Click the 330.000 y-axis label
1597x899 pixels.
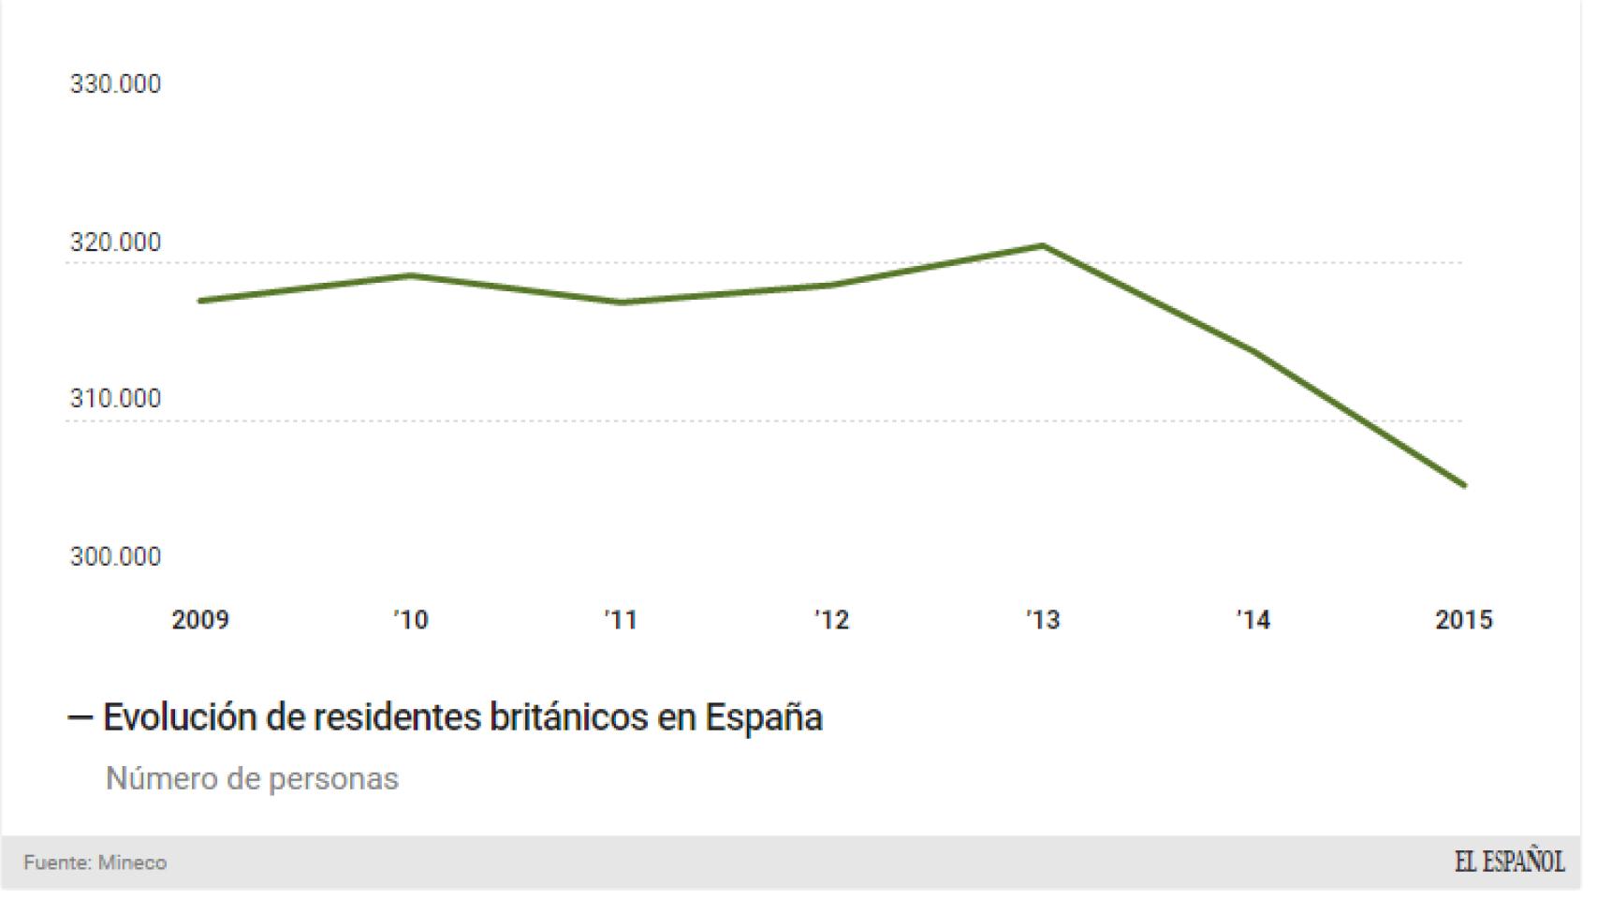tap(115, 84)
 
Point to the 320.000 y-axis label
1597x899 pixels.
tap(115, 243)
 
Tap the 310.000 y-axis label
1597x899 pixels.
tap(115, 399)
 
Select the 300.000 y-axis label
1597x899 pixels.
tap(115, 557)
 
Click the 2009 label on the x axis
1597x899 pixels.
tap(200, 620)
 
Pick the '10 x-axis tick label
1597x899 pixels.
tap(411, 620)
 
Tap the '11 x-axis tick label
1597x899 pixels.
tap(621, 620)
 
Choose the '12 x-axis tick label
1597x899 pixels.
tap(832, 620)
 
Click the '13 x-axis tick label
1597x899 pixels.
tap(1043, 620)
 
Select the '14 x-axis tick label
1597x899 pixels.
tap(1253, 620)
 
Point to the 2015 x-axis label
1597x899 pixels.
tap(1464, 620)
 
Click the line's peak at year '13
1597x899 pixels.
tap(1043, 246)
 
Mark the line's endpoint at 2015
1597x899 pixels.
tap(1464, 485)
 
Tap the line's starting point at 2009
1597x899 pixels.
tap(200, 301)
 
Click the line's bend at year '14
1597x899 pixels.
tap(1253, 352)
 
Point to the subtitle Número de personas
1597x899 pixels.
tap(252, 779)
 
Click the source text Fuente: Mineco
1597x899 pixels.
tap(95, 862)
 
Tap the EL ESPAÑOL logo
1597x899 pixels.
tap(1509, 862)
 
